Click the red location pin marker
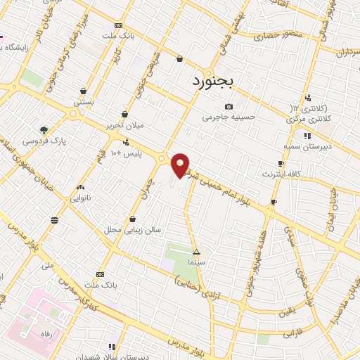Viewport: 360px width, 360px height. pos(181,165)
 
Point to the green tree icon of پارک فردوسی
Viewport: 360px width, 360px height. pos(44,130)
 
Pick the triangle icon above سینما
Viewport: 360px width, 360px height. pos(196,252)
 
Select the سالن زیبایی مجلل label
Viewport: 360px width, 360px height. pos(133,229)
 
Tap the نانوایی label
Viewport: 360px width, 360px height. pos(79,198)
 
